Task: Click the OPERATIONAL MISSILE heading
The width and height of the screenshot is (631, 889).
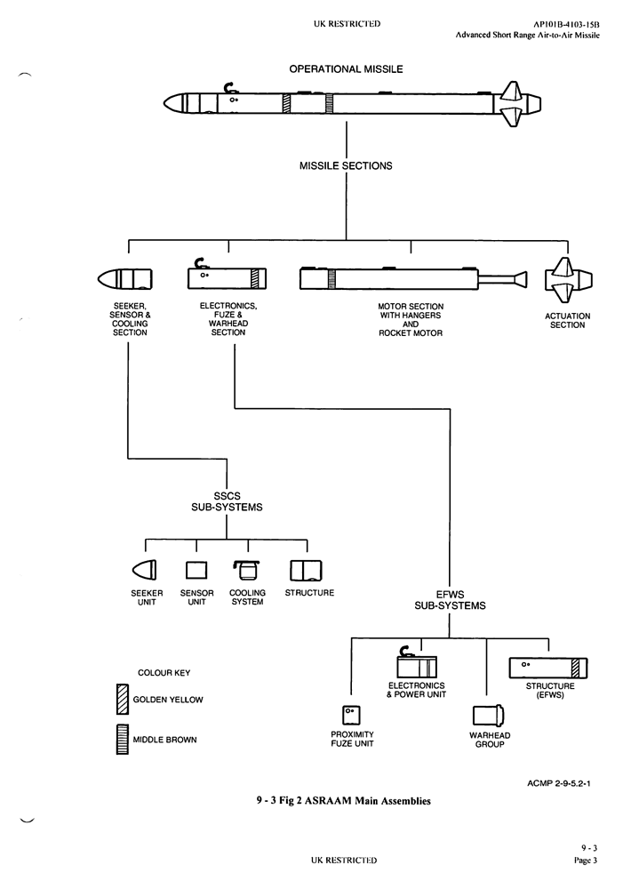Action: [x=346, y=69]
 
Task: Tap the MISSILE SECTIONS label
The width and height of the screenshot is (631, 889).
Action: [x=346, y=165]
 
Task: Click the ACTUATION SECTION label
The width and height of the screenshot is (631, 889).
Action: [x=567, y=320]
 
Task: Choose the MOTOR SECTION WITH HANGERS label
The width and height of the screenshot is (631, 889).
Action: [x=411, y=320]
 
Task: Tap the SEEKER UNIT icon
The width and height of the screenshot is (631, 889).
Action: [x=144, y=569]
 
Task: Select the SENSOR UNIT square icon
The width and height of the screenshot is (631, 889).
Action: [x=196, y=570]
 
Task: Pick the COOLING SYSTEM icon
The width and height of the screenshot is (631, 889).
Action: [x=247, y=569]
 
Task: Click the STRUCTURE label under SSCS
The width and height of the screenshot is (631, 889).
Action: [x=309, y=593]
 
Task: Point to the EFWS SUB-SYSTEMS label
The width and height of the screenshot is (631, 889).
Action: [x=450, y=600]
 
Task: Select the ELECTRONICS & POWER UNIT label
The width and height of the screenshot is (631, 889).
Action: [x=416, y=690]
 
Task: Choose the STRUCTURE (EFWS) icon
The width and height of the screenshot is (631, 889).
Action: [x=548, y=666]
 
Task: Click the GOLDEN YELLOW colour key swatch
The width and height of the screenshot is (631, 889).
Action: [x=123, y=700]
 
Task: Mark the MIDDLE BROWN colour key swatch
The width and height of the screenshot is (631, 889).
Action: [x=123, y=740]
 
